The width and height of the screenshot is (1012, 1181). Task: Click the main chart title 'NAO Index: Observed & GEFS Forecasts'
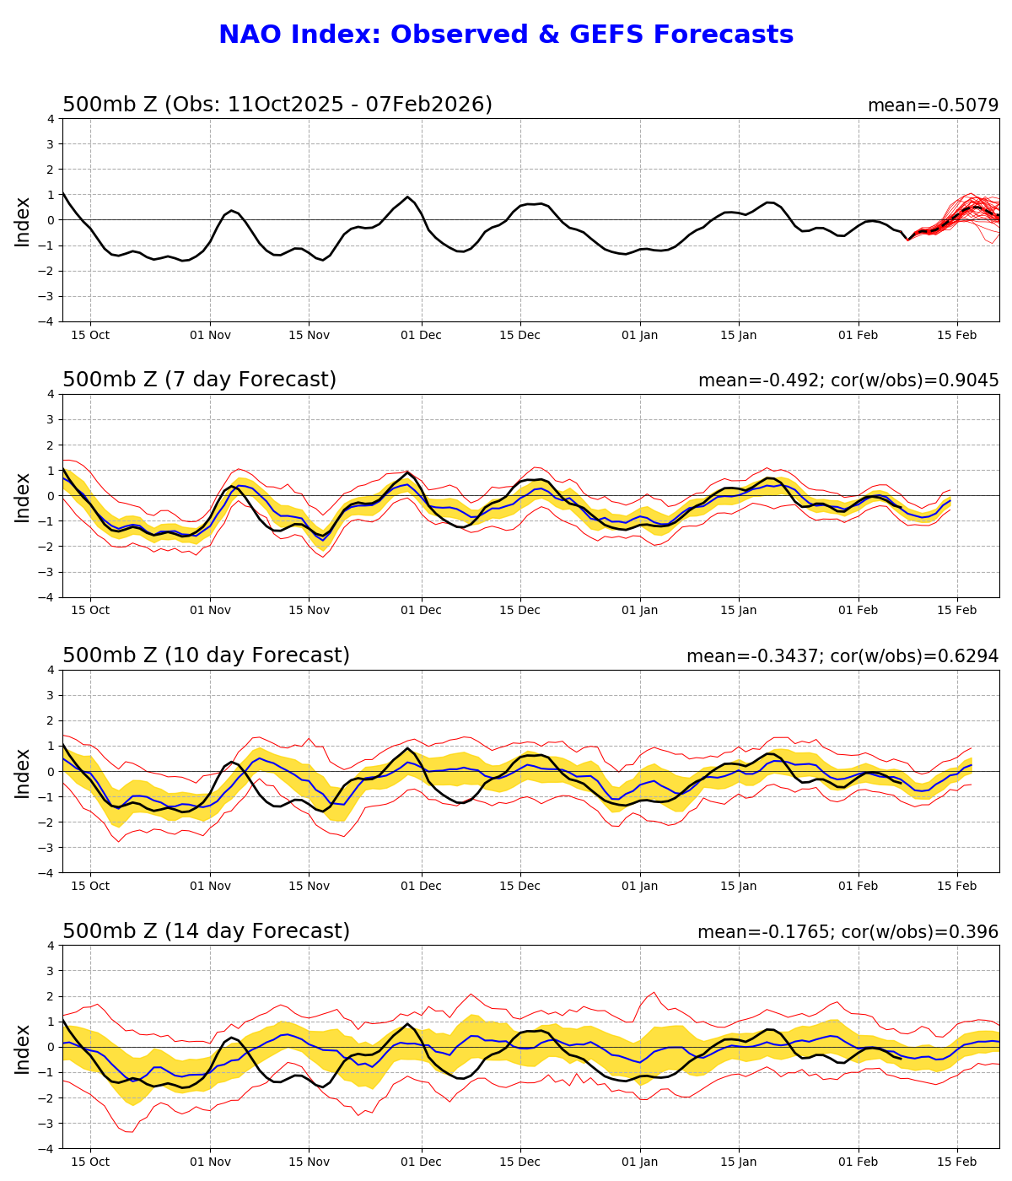coord(506,35)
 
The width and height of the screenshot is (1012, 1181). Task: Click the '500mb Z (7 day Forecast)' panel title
coord(199,380)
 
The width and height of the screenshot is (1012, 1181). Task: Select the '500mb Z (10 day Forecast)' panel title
coord(206,655)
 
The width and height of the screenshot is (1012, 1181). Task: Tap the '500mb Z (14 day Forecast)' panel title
coord(206,931)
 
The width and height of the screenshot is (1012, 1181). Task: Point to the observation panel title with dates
coord(277,105)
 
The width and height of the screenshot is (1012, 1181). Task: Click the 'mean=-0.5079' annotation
coord(933,105)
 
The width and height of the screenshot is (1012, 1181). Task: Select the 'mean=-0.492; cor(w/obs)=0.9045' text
coord(848,380)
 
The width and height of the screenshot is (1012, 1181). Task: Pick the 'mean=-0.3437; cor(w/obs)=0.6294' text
coord(842,656)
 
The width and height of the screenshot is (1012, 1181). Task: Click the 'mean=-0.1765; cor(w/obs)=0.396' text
coord(848,932)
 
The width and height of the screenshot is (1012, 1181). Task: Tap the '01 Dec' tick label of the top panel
coord(421,335)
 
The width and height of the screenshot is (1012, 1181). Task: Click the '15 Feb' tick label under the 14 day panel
coord(957,1162)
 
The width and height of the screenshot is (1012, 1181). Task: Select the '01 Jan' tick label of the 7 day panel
coord(639,611)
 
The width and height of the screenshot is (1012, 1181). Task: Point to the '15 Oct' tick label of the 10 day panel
coord(90,887)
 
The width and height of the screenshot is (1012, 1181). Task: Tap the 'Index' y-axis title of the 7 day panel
coord(23,496)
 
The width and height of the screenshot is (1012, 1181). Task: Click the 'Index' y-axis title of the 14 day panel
coord(23,1048)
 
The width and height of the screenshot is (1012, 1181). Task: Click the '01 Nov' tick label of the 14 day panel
coord(210,1162)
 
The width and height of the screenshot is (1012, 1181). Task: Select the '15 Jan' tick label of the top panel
coord(739,335)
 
